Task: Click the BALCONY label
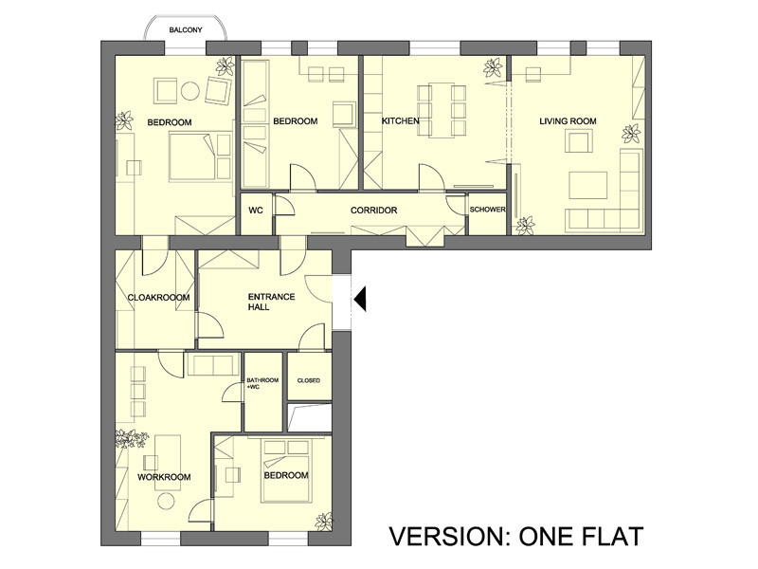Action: (x=186, y=30)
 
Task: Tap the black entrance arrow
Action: (x=360, y=299)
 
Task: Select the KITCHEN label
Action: (x=400, y=120)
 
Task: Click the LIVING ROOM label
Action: (x=568, y=121)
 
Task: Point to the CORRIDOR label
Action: (x=373, y=211)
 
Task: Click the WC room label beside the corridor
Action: (x=256, y=211)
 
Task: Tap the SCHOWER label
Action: (x=487, y=210)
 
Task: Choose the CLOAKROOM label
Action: (x=158, y=297)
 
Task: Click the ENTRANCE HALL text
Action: (x=271, y=302)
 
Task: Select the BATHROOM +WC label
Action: (x=262, y=383)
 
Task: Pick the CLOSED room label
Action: (x=309, y=381)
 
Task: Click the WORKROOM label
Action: (x=164, y=477)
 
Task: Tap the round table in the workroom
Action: (x=165, y=501)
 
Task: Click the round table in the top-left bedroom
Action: (x=189, y=91)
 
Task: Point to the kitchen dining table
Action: (x=442, y=110)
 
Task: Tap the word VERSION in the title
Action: (x=447, y=536)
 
